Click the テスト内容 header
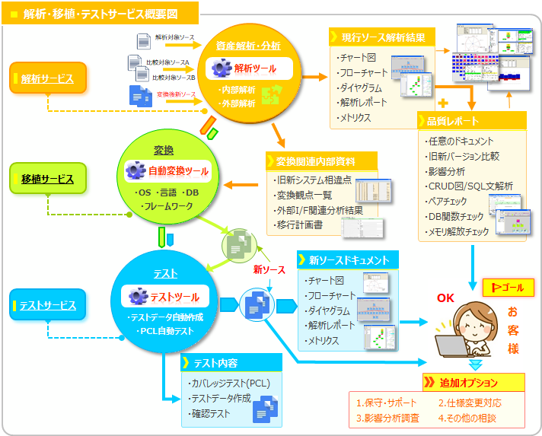[x=225, y=363]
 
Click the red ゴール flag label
[x=509, y=287]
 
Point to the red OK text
[x=445, y=298]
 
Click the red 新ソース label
[x=270, y=269]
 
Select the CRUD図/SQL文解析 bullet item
[x=470, y=186]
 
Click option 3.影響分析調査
[x=388, y=417]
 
